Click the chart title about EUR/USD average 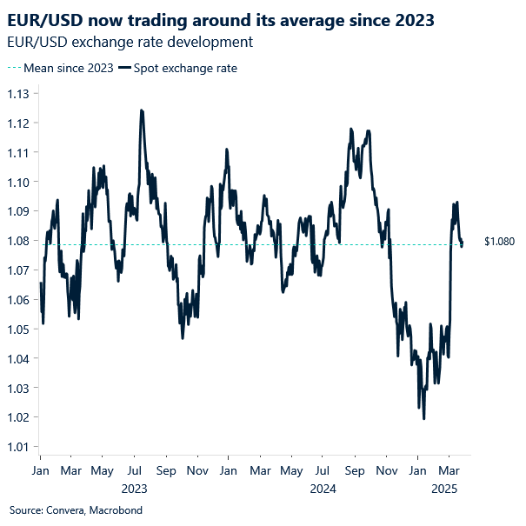(x=223, y=18)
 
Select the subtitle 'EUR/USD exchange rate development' (x=130, y=42)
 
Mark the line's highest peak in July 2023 (x=141, y=110)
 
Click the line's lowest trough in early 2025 (x=423, y=418)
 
